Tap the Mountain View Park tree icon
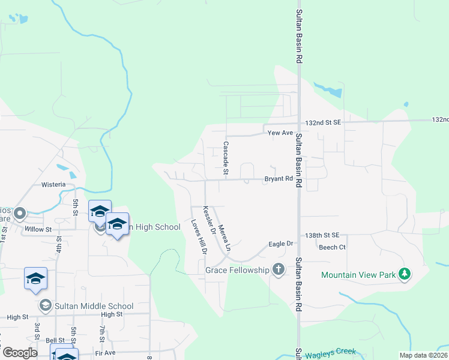(405, 274)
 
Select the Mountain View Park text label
(358, 275)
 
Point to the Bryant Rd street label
(279, 179)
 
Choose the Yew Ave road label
(279, 133)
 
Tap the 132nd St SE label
(322, 122)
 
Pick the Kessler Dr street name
(209, 220)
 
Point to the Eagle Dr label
(280, 244)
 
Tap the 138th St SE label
(322, 235)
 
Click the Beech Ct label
(332, 247)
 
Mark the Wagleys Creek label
(330, 353)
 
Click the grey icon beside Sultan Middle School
(45, 306)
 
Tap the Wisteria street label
(53, 184)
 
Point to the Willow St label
(38, 229)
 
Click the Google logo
(20, 353)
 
